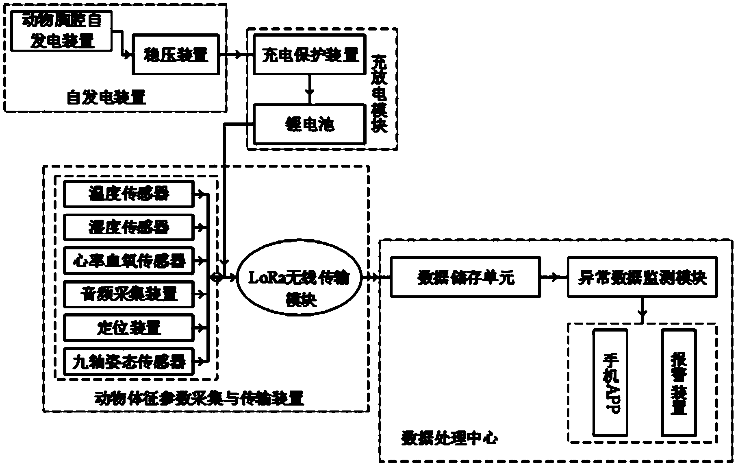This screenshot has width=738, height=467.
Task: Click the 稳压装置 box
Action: coord(176,54)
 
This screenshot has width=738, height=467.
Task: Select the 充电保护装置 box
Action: coord(309,54)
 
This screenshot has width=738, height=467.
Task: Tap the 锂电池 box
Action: coord(309,124)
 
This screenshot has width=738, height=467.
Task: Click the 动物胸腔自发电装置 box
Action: coord(61,31)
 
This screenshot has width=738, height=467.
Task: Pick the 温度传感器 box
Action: coord(128,194)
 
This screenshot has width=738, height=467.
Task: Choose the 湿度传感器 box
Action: coord(128,227)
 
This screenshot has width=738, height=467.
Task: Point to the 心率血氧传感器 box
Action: coord(128,261)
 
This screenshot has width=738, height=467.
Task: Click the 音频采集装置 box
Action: coord(128,294)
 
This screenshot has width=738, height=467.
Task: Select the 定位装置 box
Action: coord(128,328)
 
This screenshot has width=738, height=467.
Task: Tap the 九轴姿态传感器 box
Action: coord(128,362)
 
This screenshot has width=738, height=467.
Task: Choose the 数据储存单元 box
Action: coord(465,277)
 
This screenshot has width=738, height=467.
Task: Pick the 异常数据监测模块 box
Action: coord(642,277)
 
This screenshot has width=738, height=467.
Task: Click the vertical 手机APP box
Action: coord(610,382)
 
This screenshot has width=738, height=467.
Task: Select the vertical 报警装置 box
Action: coord(678,382)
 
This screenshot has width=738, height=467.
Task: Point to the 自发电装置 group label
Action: coord(106,98)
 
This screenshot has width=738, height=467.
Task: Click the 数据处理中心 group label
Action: coord(449,439)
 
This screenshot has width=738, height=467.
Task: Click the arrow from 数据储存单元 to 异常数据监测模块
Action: coord(554,277)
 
